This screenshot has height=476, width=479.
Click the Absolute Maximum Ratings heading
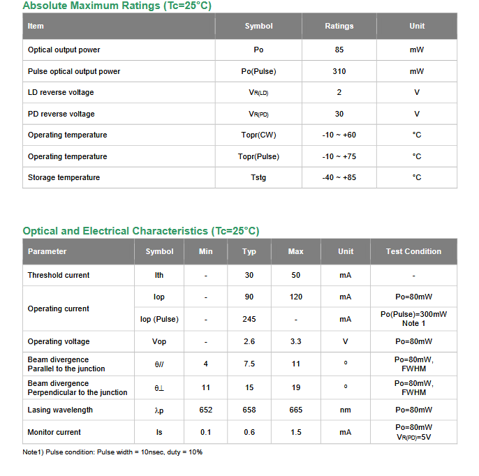tap(117, 6)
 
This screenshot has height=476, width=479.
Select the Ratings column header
tap(339, 27)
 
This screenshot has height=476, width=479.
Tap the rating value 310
tap(339, 71)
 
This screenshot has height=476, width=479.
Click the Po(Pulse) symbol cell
tap(258, 71)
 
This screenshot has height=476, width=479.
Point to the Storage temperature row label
tap(64, 177)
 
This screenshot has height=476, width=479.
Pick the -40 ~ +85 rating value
tap(339, 177)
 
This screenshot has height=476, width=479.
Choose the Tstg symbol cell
tap(258, 177)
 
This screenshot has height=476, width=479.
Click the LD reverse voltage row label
tap(61, 92)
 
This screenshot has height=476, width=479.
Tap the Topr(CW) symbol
tap(258, 135)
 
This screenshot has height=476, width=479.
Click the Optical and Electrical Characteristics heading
tap(140, 231)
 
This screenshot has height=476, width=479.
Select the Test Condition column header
tap(413, 251)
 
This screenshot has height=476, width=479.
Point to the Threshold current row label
tap(59, 275)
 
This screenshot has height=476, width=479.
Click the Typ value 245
tap(249, 319)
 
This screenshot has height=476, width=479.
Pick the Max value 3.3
tap(296, 341)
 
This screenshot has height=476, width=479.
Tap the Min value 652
tap(205, 410)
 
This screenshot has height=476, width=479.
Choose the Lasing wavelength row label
tap(60, 410)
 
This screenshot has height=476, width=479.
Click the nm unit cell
tap(346, 410)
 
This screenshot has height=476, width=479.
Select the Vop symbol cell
tap(159, 341)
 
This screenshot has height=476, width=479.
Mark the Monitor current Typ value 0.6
tap(249, 432)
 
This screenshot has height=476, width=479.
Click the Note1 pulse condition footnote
tap(112, 452)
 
